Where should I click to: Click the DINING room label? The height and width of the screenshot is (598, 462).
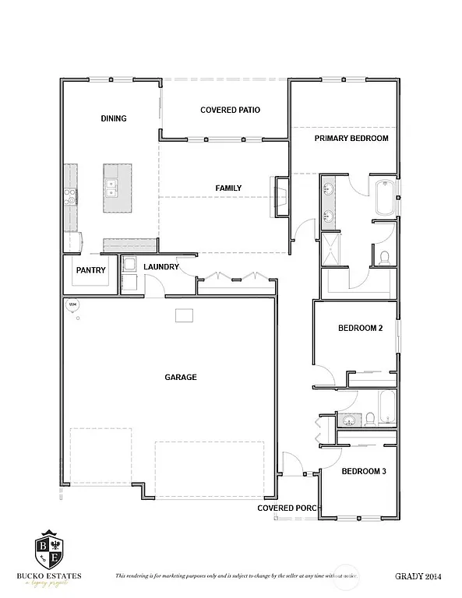(114, 118)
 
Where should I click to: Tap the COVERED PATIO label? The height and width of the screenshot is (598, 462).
(230, 111)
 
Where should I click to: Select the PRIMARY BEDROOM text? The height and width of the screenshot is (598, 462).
(351, 139)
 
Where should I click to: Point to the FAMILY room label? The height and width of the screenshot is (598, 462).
(228, 188)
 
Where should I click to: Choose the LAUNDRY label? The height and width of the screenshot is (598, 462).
(162, 267)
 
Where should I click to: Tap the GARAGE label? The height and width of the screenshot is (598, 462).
(181, 377)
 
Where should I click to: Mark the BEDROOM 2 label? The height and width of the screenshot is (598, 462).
(360, 329)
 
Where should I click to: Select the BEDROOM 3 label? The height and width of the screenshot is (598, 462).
(362, 472)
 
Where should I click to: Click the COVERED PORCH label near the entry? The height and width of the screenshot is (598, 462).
(287, 508)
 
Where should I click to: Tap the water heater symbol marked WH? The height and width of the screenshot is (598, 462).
(73, 304)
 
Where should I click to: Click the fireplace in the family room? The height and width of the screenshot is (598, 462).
(280, 195)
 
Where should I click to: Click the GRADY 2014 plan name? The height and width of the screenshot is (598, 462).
(418, 576)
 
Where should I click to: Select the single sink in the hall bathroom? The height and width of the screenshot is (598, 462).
(350, 421)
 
